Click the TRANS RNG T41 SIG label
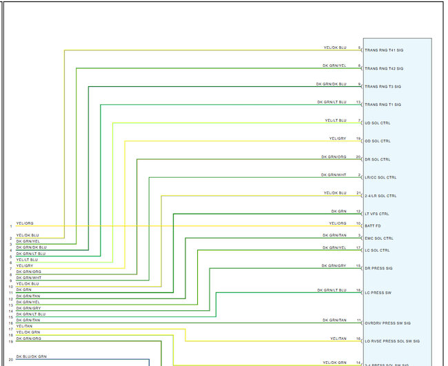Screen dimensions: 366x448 384,51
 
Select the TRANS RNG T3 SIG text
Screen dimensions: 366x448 383,87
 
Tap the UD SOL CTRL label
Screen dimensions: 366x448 377,123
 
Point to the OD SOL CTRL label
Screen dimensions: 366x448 377,141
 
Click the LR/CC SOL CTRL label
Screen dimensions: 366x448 380,178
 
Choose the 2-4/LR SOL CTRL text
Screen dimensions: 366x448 380,196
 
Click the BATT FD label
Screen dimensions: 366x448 373,226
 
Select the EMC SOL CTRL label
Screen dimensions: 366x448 378,238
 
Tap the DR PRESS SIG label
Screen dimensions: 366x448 378,268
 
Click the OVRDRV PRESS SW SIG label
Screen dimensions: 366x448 387,323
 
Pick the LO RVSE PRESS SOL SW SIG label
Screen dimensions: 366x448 392,341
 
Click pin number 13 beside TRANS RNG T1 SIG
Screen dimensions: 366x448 358,102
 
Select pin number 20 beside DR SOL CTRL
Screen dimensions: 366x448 358,157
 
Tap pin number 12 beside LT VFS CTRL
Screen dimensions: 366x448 358,212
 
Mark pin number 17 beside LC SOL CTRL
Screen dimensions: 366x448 358,247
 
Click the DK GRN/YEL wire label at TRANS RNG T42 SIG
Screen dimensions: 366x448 334,66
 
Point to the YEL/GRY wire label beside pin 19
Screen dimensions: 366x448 337,139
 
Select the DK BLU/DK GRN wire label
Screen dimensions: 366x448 31,356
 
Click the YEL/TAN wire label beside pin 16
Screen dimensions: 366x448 338,338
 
